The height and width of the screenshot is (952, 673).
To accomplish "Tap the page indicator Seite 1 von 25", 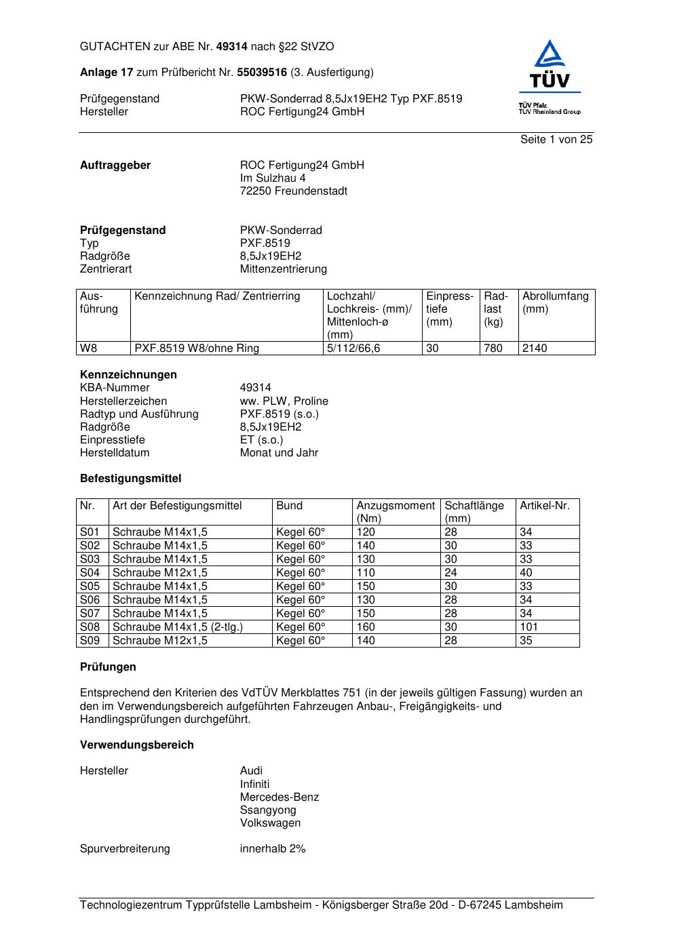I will [x=556, y=140].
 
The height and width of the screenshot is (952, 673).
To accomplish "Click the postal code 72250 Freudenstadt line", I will [x=293, y=191].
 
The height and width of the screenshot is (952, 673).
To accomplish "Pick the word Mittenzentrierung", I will [x=283, y=269].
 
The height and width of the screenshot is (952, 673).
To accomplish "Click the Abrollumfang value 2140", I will [x=535, y=349].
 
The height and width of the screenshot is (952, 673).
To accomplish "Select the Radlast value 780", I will [x=493, y=349].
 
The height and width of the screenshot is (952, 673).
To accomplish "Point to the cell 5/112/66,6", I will [x=353, y=349].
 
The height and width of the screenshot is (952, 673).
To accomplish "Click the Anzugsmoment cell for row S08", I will [x=366, y=627].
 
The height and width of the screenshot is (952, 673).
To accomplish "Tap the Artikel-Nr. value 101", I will [x=528, y=627].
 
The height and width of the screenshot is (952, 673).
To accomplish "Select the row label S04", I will [x=90, y=573].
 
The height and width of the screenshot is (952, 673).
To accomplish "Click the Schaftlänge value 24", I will [x=450, y=573].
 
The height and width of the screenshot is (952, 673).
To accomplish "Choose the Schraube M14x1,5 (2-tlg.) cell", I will [x=177, y=627].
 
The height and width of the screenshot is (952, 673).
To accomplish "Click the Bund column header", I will [x=289, y=506].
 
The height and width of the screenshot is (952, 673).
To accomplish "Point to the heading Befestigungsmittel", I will [x=130, y=479].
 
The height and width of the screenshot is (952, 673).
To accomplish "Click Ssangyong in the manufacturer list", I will [x=268, y=810].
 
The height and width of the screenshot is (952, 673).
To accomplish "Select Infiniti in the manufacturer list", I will [x=254, y=785].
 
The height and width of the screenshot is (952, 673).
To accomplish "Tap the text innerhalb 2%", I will [x=273, y=849].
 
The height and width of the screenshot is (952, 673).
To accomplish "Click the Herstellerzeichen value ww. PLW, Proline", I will [x=284, y=401].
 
